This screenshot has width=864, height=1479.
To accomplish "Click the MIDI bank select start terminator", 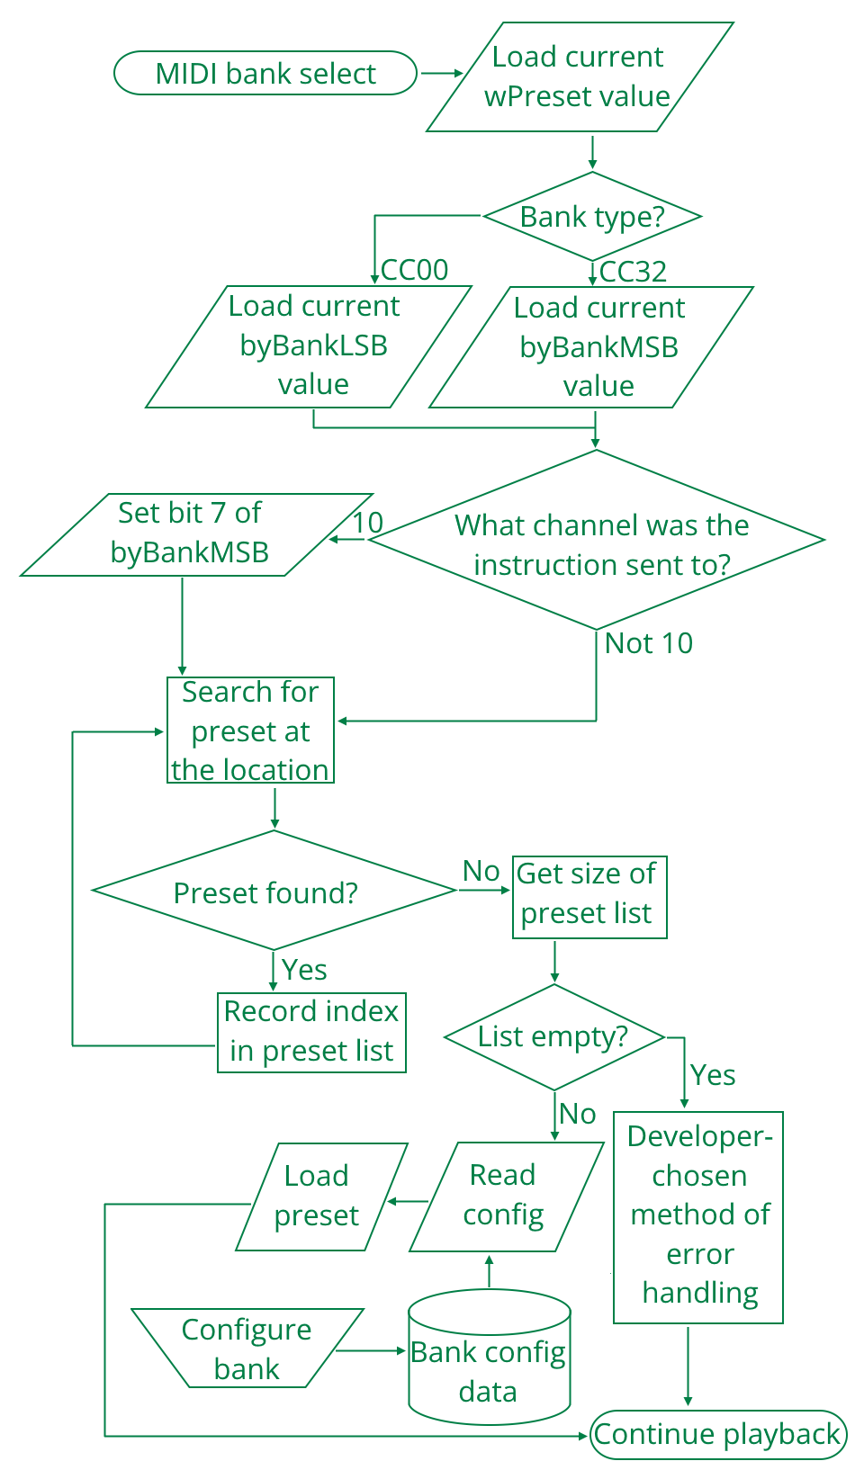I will coord(265,74).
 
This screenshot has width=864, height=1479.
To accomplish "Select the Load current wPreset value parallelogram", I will coord(579,77).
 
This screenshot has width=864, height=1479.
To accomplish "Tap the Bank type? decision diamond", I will coord(592,217).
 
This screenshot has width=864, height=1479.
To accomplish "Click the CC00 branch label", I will coord(414,270).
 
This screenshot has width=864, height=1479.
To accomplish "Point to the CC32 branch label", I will coord(633,272).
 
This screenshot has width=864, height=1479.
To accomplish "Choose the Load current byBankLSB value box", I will coord(310,346).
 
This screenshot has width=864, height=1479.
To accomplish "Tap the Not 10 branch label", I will coord(649,643).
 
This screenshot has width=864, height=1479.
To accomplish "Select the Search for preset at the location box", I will coord(250,731).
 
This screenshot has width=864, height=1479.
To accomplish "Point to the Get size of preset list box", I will coord(589,896).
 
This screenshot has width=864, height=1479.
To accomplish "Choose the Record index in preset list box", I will coord(311,1032).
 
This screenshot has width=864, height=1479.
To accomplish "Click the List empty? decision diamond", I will coord(553,1036).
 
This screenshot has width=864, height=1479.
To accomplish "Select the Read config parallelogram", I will coord(505,1197).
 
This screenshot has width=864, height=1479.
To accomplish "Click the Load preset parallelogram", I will coord(319,1197).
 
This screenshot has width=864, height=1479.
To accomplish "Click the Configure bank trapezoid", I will coord(247,1349).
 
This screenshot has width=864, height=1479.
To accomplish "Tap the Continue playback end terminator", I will coord(718,1434).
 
